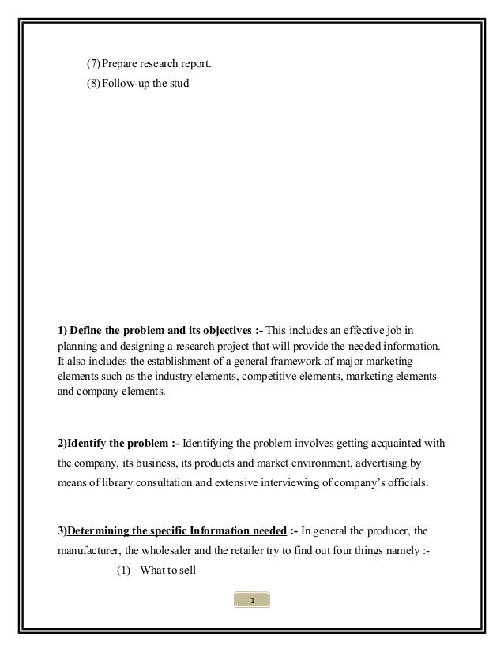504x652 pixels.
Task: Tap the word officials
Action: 403,482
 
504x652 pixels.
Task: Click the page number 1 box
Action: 252,603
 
